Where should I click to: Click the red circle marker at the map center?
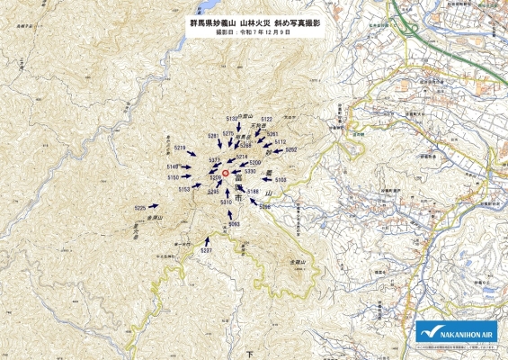pos(225,173)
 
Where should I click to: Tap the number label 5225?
pos(140,208)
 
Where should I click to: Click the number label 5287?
pos(206,249)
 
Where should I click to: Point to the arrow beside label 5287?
pos(208,240)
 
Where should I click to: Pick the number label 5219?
pos(179,148)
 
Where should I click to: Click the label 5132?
pos(232,119)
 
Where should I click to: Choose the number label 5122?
pos(266,119)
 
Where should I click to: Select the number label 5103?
pos(281,179)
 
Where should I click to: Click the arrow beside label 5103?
pos(267,179)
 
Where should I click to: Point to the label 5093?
pos(234,222)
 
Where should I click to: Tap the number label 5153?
pos(184,189)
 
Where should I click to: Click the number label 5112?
pos(280,141)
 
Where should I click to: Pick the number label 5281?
pos(213,135)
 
